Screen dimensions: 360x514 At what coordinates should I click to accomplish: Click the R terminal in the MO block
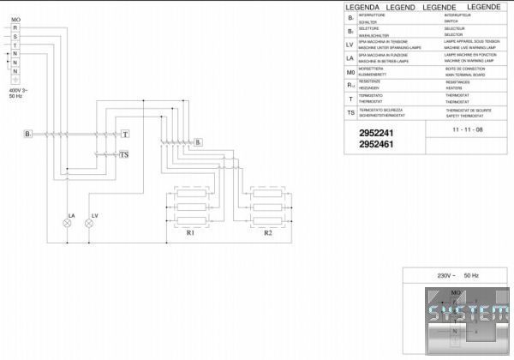[x=15, y=27]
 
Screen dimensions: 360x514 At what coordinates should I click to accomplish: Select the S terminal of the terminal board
[x=15, y=35]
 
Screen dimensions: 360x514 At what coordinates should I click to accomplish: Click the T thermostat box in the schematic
[x=124, y=135]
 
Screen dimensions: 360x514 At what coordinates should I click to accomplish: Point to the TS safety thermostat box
[x=124, y=155]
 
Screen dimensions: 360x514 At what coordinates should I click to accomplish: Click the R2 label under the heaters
[x=267, y=232]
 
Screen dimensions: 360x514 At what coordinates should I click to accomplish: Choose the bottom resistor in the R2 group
[x=267, y=222]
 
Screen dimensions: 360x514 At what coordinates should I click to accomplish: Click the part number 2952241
[x=376, y=133]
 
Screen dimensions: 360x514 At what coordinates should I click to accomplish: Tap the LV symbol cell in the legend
[x=350, y=45]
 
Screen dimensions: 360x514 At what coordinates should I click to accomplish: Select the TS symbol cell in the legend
[x=350, y=112]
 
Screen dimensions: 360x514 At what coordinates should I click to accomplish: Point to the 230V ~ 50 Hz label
[x=457, y=276]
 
